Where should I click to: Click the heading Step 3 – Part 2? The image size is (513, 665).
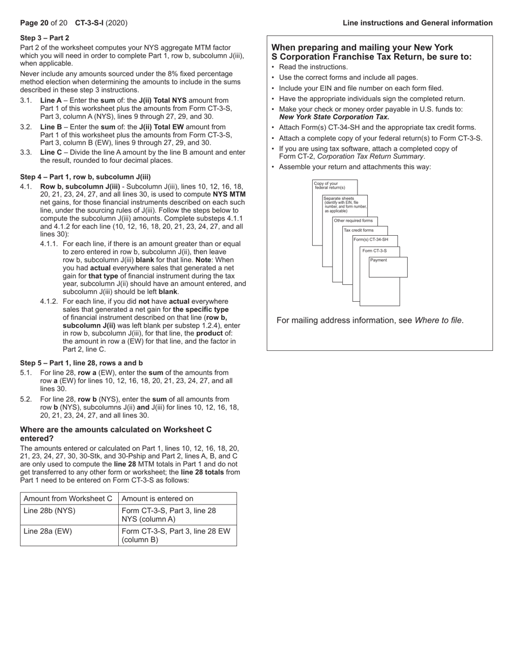[44, 38]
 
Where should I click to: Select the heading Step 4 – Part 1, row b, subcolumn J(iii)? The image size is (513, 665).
[85, 177]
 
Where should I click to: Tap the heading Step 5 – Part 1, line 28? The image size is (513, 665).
[82, 363]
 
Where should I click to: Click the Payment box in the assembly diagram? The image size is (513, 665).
[388, 267]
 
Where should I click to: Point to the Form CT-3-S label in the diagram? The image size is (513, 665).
[374, 251]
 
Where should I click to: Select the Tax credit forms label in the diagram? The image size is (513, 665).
[359, 230]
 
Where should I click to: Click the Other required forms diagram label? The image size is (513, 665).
[353, 221]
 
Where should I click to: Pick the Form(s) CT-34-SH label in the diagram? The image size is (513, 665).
[371, 239]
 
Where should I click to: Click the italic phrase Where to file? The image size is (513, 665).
[438, 320]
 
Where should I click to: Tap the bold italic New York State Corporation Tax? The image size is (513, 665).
[334, 117]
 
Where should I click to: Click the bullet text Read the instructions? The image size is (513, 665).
[313, 67]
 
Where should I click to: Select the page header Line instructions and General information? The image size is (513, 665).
[417, 23]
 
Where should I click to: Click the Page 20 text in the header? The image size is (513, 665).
[34, 23]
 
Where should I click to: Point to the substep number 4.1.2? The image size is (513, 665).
[49, 301]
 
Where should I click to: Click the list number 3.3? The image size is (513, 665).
[26, 152]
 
